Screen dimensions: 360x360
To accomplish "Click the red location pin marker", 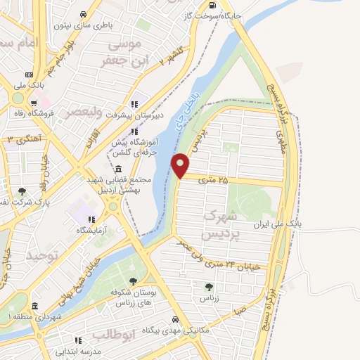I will (181, 166).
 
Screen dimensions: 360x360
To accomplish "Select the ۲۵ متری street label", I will (215, 181).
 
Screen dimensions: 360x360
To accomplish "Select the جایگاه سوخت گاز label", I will (212, 15).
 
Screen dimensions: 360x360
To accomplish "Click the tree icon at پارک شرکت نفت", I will (22, 191).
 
